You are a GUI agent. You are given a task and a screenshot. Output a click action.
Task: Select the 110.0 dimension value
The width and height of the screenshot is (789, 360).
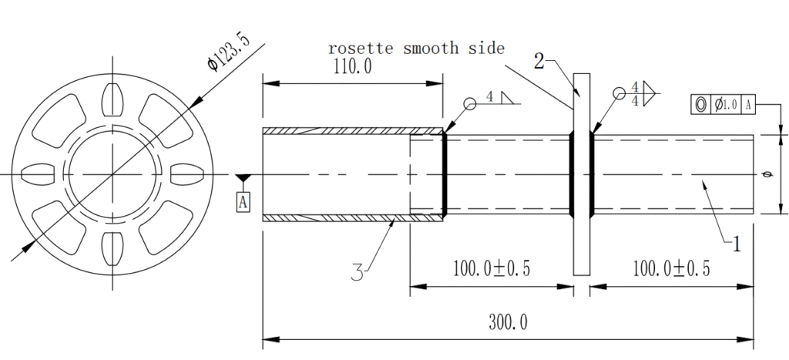tap(352, 67)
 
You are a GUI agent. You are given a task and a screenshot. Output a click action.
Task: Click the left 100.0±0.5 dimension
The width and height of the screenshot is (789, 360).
tap(491, 269)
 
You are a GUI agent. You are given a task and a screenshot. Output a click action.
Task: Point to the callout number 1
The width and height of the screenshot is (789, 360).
tap(736, 244)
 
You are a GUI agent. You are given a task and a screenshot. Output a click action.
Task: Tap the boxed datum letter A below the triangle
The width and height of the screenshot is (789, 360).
tap(243, 202)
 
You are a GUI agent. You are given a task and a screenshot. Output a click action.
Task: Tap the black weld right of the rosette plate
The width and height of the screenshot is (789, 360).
tap(593, 173)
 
